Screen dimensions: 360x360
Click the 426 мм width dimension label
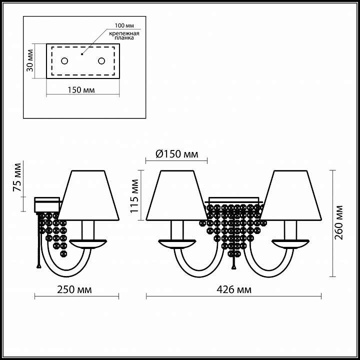(234, 289)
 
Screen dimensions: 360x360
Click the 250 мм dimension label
(74, 289)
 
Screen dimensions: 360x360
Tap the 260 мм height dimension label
(338, 222)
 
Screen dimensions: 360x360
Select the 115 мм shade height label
(134, 196)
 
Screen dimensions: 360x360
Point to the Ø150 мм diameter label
(177, 154)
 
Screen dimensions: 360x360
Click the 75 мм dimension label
(17, 177)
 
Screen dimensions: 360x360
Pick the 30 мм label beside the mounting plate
(30, 60)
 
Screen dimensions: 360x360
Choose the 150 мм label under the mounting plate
(81, 90)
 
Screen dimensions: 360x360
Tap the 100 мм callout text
(124, 25)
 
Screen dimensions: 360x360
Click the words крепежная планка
(124, 35)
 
